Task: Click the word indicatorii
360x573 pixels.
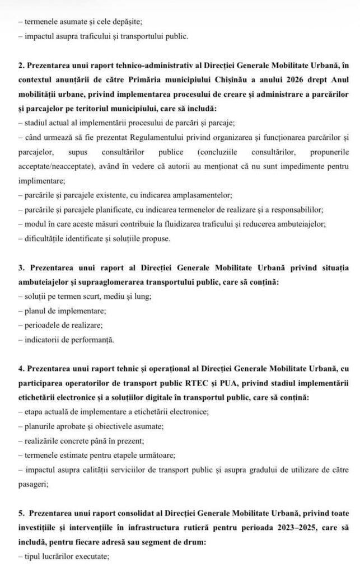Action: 41,339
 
